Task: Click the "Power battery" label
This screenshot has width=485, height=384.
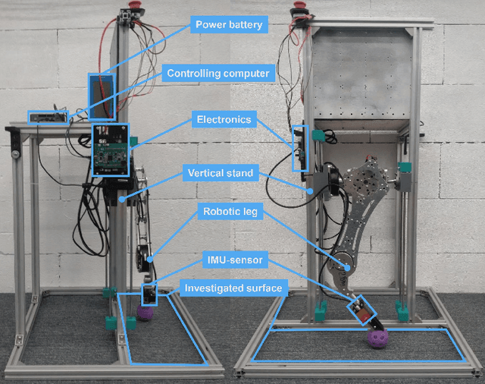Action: pos(229,25)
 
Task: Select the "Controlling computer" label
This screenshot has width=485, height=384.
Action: pos(217,74)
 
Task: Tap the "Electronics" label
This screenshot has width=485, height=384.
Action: pos(223,120)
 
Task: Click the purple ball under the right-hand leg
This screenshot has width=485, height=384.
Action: pos(377,338)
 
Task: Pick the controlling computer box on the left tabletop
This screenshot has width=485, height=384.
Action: pos(48,117)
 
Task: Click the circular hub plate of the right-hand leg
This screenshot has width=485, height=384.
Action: pos(368,182)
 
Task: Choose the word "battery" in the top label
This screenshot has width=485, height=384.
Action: pos(246,25)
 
